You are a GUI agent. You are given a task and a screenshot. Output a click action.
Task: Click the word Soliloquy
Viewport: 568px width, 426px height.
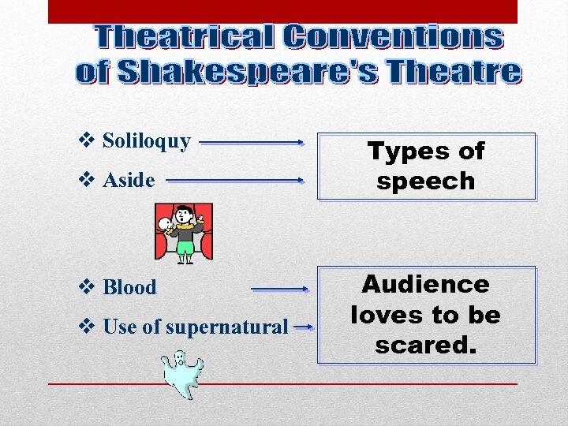[147, 142]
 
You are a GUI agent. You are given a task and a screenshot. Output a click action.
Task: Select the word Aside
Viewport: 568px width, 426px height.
[129, 181]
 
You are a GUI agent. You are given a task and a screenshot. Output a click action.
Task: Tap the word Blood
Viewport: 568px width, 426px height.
[130, 288]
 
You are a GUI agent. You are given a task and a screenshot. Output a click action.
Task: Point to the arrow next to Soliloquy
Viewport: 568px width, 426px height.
[252, 144]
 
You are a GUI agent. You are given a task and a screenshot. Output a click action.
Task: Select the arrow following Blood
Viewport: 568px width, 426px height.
[279, 290]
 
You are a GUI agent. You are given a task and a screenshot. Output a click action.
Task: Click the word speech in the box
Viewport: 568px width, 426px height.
[426, 181]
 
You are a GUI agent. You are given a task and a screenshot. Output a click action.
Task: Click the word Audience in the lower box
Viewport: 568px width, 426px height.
[426, 284]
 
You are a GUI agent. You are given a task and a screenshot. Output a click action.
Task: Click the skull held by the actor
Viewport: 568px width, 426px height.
[166, 225]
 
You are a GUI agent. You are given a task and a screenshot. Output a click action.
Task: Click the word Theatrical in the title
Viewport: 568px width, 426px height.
[185, 36]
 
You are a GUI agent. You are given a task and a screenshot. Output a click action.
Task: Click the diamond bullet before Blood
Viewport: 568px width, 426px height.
[88, 287]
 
